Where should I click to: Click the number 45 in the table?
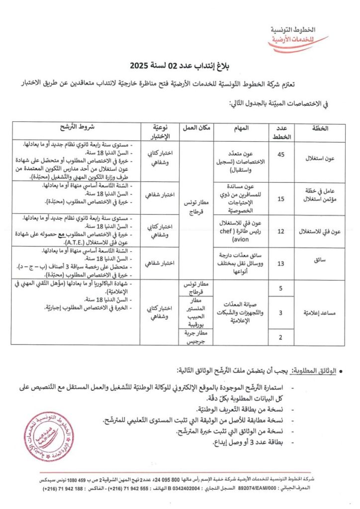281,155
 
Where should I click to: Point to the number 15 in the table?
281,199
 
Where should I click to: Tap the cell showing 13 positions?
281,263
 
